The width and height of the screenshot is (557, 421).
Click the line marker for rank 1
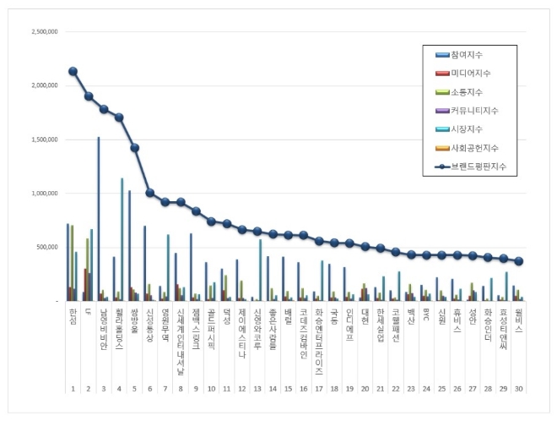coord(73,71)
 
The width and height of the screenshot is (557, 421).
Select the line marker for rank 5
coord(134,147)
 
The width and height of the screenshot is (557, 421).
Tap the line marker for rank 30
coord(518,261)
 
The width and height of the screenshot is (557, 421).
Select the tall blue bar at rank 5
coord(129,245)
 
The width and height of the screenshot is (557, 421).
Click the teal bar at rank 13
coord(260,270)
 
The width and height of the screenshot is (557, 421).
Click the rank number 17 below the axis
coord(319,387)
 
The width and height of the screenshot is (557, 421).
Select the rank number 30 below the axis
coord(518,387)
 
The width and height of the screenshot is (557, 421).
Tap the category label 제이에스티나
coord(242,330)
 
